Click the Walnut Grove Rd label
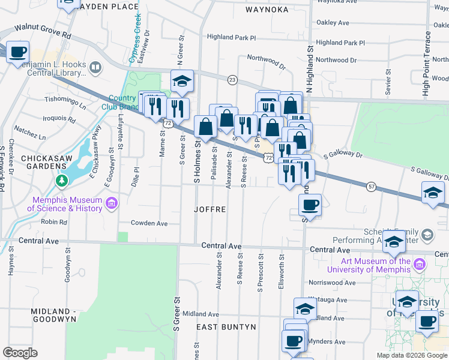click(x=43, y=31)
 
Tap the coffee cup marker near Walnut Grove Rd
click(x=17, y=52)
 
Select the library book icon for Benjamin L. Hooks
click(x=95, y=67)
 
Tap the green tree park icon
click(x=60, y=180)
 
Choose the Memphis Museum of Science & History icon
click(x=110, y=204)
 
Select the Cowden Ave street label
click(x=149, y=223)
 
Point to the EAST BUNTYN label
click(x=226, y=327)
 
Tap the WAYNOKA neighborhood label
click(x=267, y=10)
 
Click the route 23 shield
click(x=232, y=79)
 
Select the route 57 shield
click(x=372, y=187)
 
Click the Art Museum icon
click(x=419, y=264)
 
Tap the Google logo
click(x=20, y=353)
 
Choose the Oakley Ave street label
click(x=333, y=23)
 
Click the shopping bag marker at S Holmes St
click(x=206, y=127)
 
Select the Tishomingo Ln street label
click(x=65, y=100)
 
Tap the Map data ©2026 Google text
click(x=411, y=355)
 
